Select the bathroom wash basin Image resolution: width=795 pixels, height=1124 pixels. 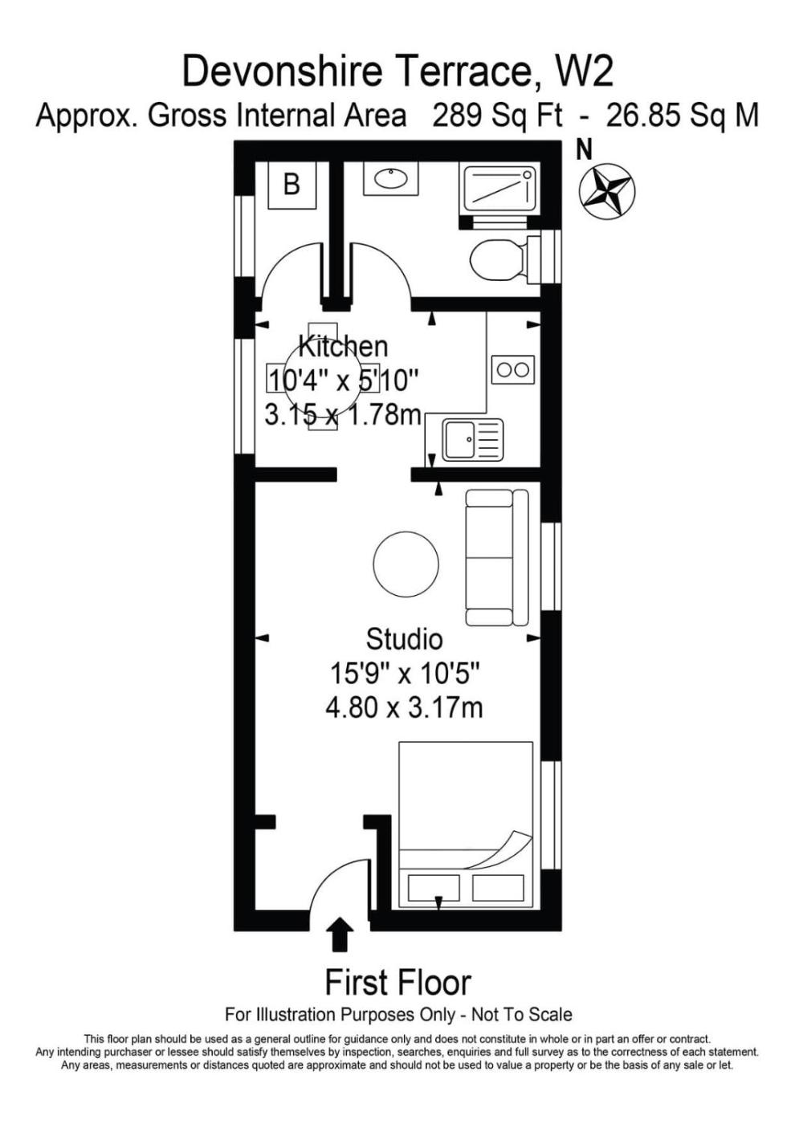click(392, 178)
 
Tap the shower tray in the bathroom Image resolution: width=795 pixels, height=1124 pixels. click(499, 189)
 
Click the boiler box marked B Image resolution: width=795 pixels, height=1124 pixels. click(291, 185)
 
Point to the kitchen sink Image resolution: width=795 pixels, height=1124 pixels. click(473, 440)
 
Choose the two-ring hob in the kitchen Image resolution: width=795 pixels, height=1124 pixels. click(513, 370)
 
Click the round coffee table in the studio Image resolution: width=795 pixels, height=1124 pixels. click(406, 564)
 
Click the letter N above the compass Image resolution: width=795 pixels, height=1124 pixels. click(585, 149)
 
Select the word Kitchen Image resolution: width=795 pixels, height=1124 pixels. click(344, 346)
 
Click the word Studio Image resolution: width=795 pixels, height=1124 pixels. click(404, 639)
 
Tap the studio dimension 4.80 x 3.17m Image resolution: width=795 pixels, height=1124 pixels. click(404, 708)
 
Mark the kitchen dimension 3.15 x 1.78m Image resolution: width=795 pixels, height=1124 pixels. click(342, 416)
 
